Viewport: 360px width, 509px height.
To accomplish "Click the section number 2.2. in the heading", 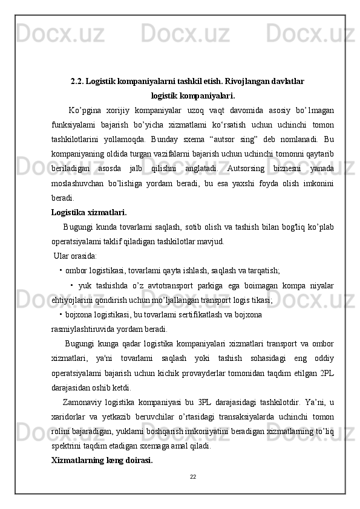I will point(77,80).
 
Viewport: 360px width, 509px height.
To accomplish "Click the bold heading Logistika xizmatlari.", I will point(89,212).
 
